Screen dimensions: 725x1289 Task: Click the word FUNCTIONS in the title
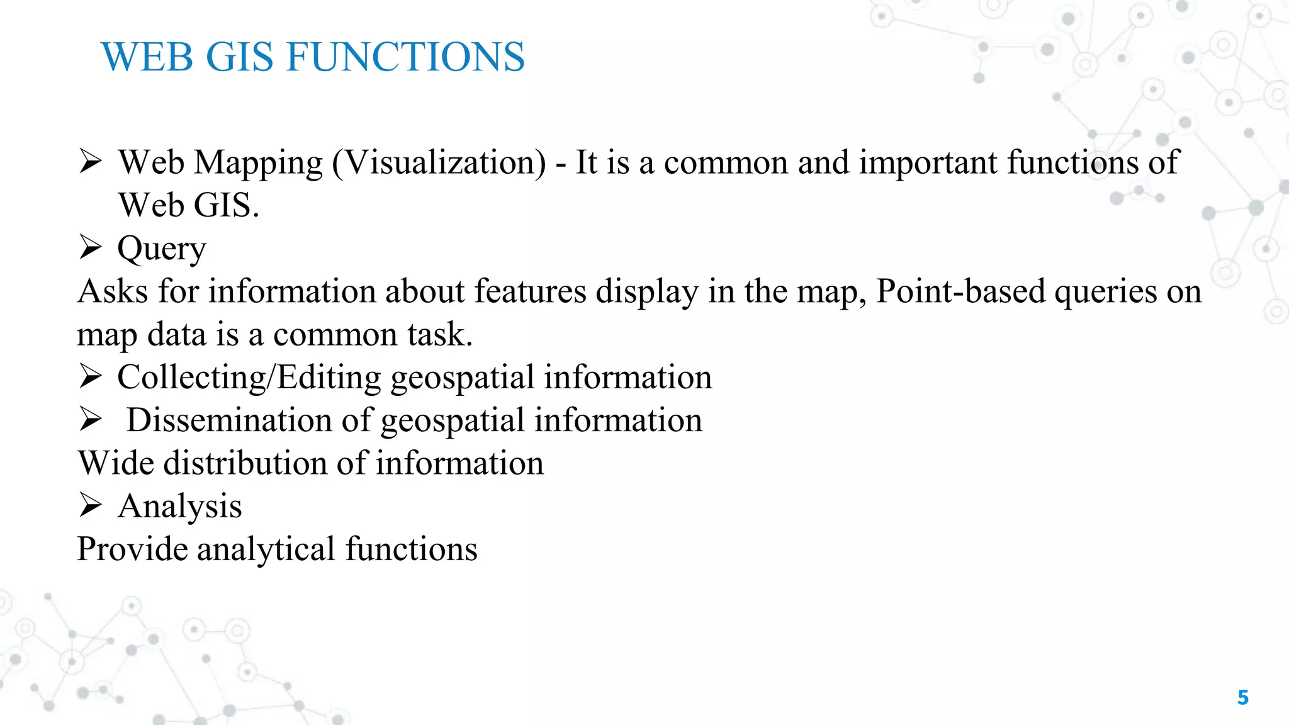pos(405,57)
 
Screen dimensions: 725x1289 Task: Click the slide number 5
pos(1242,697)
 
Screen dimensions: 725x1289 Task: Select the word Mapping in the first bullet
pos(259,164)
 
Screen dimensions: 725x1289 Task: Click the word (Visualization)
pos(439,164)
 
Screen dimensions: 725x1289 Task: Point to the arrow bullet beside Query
pos(91,247)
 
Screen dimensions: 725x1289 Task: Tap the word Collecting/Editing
pos(249,378)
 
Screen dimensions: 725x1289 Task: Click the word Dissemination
pos(229,420)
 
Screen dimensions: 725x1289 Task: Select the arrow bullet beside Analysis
pos(91,505)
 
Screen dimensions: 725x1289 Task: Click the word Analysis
pos(180,507)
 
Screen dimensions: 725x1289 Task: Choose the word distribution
pos(245,463)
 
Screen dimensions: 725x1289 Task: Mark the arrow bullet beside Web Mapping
pos(91,162)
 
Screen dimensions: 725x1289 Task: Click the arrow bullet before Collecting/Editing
pos(91,376)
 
